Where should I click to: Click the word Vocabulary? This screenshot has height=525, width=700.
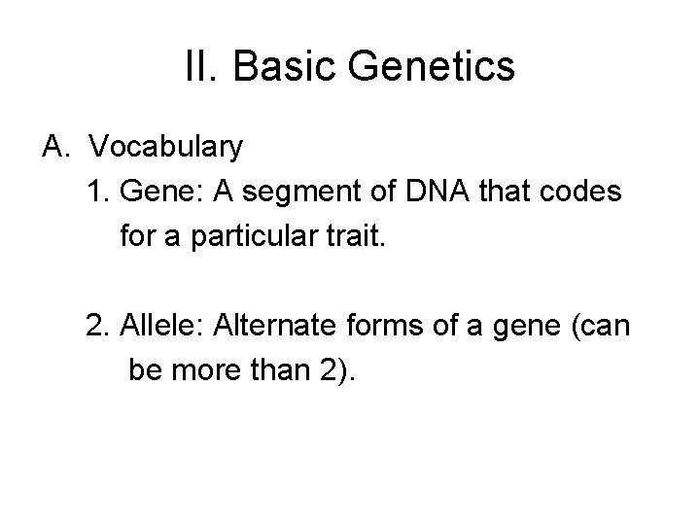[166, 147]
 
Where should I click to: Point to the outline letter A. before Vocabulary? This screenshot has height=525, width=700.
[55, 147]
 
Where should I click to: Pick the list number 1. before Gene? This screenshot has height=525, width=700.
[98, 192]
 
